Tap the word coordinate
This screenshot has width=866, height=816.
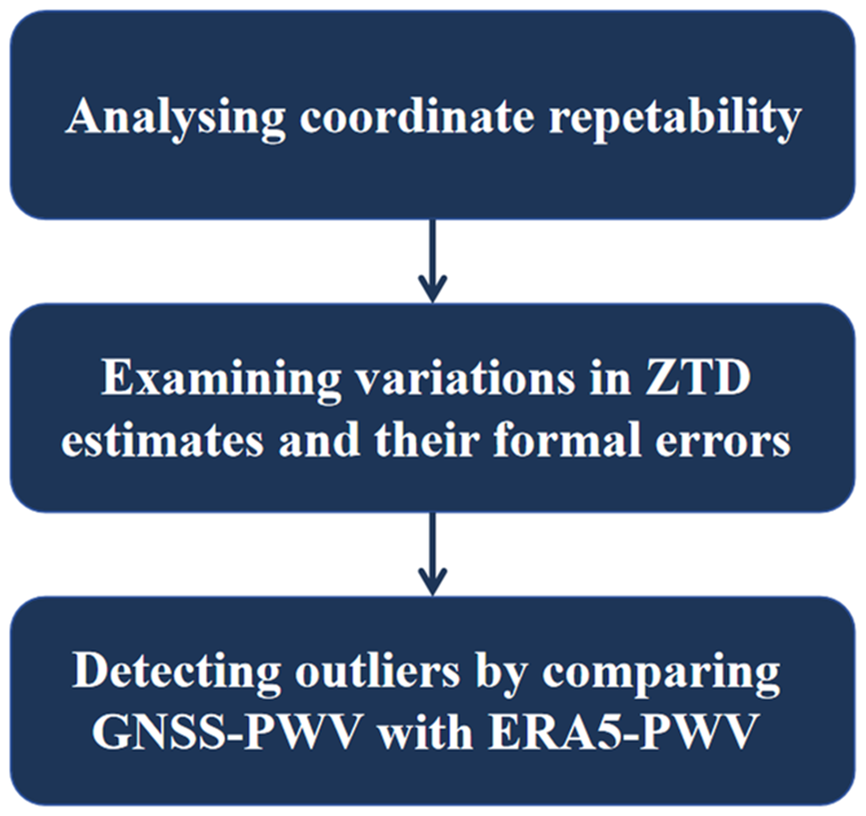[417, 117]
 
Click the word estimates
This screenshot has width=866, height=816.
[162, 440]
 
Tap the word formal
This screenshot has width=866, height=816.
[567, 439]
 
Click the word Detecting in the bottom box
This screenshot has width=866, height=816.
[176, 672]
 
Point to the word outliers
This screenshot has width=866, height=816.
[377, 672]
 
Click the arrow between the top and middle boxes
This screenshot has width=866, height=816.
[433, 261]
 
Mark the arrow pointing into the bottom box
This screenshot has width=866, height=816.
[433, 554]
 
